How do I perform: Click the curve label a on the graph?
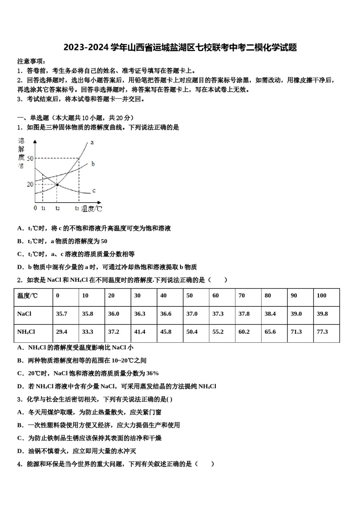pos(92,142)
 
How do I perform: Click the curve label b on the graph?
pos(93,164)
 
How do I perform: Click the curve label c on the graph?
pos(94,190)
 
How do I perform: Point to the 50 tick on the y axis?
pos(30,158)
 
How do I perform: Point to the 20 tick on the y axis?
pos(30,184)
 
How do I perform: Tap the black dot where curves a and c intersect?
pos(57,184)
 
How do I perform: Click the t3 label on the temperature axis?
pos(77,208)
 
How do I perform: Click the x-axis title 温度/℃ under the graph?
pos(92,208)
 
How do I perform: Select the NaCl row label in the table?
pos(24,314)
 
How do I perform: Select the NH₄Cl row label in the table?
pos(26,332)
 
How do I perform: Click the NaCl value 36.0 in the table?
pos(114,314)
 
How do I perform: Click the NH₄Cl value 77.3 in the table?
pos(322,332)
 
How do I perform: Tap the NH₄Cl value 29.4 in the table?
pos(61,332)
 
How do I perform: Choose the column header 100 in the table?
pos(321,296)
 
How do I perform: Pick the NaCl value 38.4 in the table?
pos(270,314)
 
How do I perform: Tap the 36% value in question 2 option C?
pos(152,373)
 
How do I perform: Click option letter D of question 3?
pos(20,451)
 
